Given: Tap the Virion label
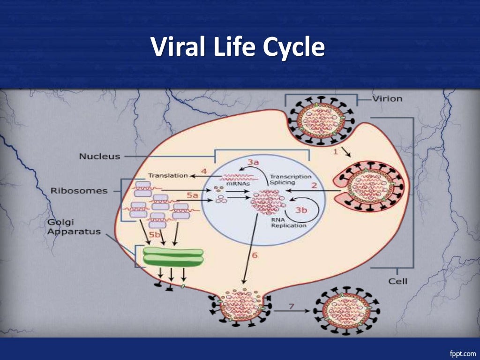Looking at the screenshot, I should point(388,99).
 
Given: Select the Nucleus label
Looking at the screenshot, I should point(99,156).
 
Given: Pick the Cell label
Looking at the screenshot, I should point(398,281).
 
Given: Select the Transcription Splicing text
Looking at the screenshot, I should point(291,179).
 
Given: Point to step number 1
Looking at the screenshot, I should point(336,151).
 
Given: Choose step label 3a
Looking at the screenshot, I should point(253,162).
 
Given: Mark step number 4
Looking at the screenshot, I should point(204,171).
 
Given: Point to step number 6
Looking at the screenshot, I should point(255,255).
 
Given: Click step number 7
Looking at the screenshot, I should point(291,306).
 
